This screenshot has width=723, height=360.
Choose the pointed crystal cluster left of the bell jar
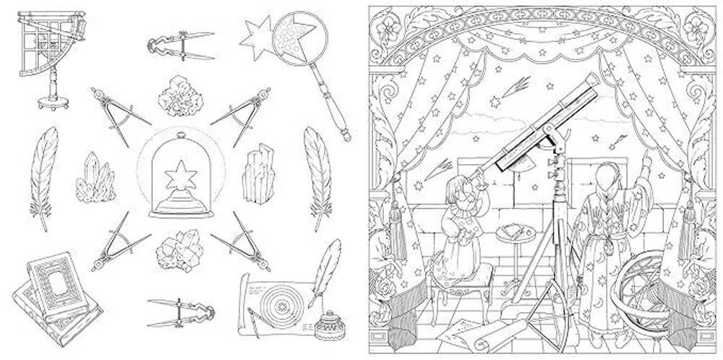pos(95,179)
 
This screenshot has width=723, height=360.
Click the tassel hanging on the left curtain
pos(397,217)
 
